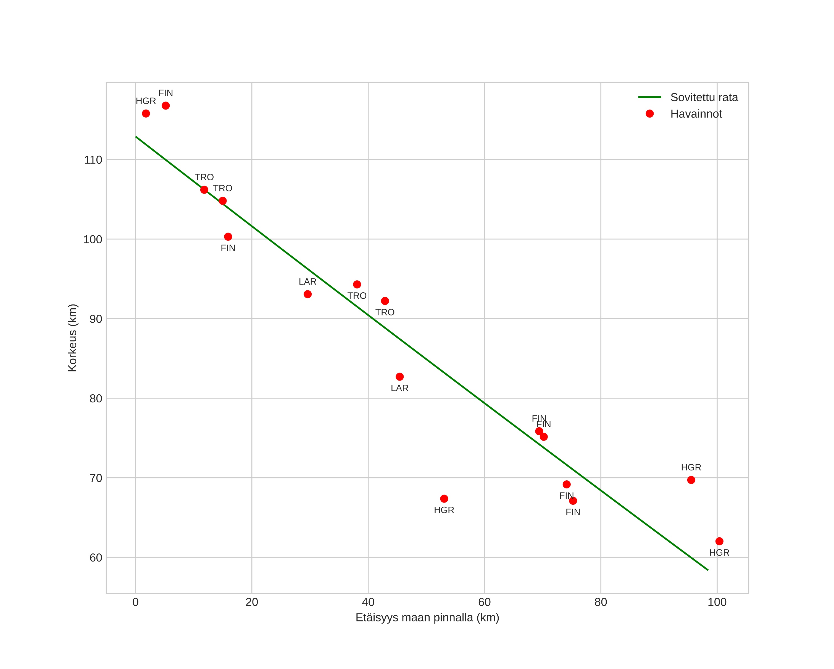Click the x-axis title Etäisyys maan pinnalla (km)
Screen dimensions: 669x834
[x=427, y=618]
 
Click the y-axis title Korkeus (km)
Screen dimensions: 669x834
[x=72, y=338]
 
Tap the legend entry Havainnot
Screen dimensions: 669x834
[x=696, y=114]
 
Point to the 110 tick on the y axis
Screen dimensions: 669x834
[x=93, y=160]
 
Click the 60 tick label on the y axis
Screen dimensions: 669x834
[x=96, y=558]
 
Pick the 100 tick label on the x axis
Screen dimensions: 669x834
[x=717, y=602]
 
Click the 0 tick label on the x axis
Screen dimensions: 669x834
[x=135, y=602]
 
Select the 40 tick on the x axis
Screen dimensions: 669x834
[x=368, y=602]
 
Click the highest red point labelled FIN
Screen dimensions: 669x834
[x=165, y=106]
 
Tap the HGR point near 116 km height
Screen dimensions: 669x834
[x=146, y=113]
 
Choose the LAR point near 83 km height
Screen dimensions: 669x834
[x=399, y=377]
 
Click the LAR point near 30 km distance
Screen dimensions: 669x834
[x=307, y=294]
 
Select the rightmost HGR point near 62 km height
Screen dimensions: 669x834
[x=719, y=541]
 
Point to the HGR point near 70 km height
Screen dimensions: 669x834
[x=691, y=480]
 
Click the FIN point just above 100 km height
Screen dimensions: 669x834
[x=228, y=236]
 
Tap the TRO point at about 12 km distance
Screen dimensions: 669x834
[x=204, y=190]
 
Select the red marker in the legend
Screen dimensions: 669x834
[x=649, y=114]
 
